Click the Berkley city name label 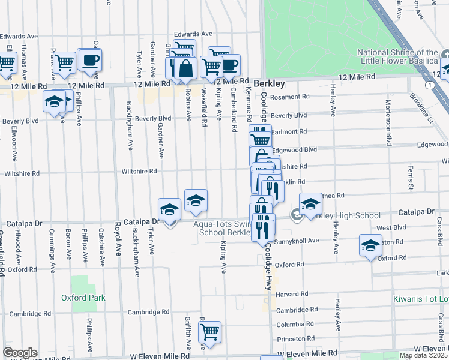pyautogui.click(x=268, y=83)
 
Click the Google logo pyautogui.click(x=19, y=353)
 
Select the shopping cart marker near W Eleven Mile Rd pyautogui.click(x=209, y=331)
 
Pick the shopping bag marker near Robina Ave pyautogui.click(x=186, y=70)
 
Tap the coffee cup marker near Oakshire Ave pyautogui.click(x=90, y=61)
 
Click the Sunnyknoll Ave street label pyautogui.click(x=297, y=241)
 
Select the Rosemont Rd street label pyautogui.click(x=289, y=97)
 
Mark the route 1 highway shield pyautogui.click(x=430, y=85)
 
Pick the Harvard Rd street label pyautogui.click(x=291, y=295)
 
